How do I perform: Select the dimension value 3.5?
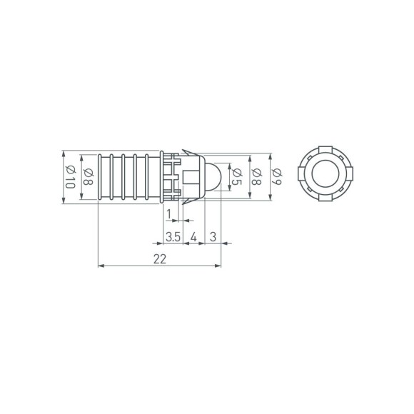172,236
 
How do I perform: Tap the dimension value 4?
194,236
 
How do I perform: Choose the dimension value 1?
168,213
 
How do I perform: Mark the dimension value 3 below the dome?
213,236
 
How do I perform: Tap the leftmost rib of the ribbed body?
99,177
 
